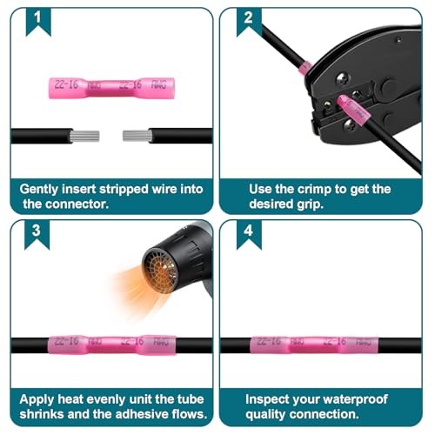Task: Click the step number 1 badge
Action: point(38,21)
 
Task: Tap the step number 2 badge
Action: point(249,22)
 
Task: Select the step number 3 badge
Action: point(37,234)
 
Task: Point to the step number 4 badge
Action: point(249,234)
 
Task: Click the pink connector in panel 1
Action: point(111,88)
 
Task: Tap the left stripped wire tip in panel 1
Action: point(85,136)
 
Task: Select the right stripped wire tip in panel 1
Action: point(137,136)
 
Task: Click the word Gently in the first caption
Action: point(39,190)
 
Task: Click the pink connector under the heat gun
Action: point(112,345)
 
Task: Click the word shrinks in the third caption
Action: point(42,414)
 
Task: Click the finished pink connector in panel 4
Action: point(314,345)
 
